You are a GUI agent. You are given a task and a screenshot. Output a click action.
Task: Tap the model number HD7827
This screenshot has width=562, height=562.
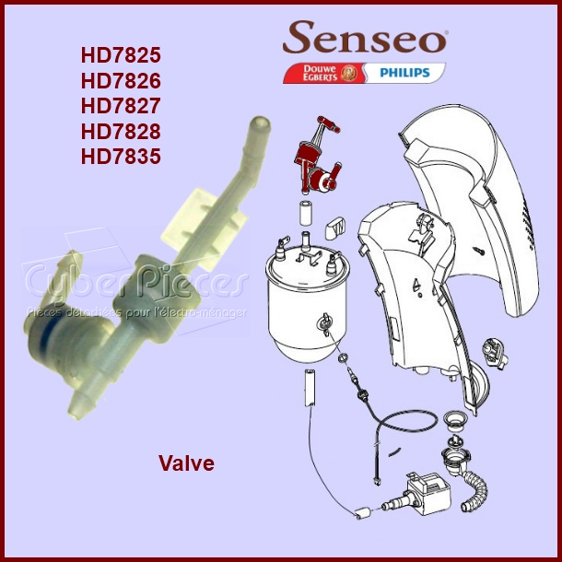point(120,105)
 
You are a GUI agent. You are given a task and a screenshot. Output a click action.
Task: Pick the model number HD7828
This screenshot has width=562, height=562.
point(120,131)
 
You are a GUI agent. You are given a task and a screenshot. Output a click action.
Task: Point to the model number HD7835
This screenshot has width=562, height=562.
point(120,157)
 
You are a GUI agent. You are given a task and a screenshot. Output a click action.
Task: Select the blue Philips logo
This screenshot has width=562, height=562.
point(404,72)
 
